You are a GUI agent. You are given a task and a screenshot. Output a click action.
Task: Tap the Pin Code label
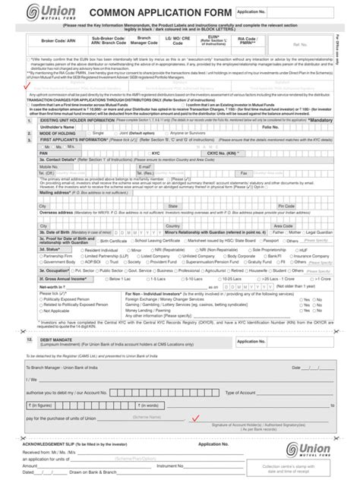pyautogui.click(x=286, y=205)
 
